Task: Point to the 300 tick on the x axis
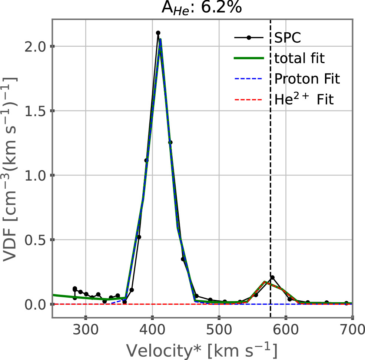(86, 330)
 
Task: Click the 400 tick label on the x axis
(152, 330)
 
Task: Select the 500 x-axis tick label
(219, 330)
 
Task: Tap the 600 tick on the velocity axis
(286, 330)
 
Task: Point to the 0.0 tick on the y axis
(36, 304)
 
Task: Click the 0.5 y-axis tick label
(36, 240)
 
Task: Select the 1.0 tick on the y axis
(36, 175)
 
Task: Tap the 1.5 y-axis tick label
(36, 111)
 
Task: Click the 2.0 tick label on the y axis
(36, 46)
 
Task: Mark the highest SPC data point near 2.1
(158, 33)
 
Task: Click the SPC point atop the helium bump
(272, 277)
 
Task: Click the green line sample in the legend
(249, 58)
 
